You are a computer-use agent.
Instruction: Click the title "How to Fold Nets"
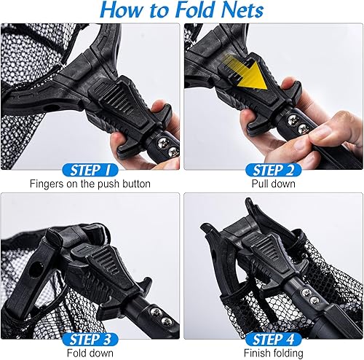[x=182, y=10]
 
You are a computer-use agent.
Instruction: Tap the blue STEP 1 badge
[x=90, y=170]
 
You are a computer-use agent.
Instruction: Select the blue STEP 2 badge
[x=273, y=170]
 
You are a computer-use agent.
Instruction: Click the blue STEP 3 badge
[x=90, y=340]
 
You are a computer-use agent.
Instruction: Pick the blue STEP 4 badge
[x=273, y=340]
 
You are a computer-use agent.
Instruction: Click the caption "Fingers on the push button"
[x=90, y=184]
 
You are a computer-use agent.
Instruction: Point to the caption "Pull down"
[x=274, y=184]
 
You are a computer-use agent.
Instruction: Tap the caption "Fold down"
[x=90, y=353]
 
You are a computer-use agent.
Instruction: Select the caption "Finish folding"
[x=274, y=353]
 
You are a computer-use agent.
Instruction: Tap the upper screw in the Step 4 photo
[x=306, y=291]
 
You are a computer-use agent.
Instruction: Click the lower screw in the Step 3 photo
[x=167, y=321]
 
